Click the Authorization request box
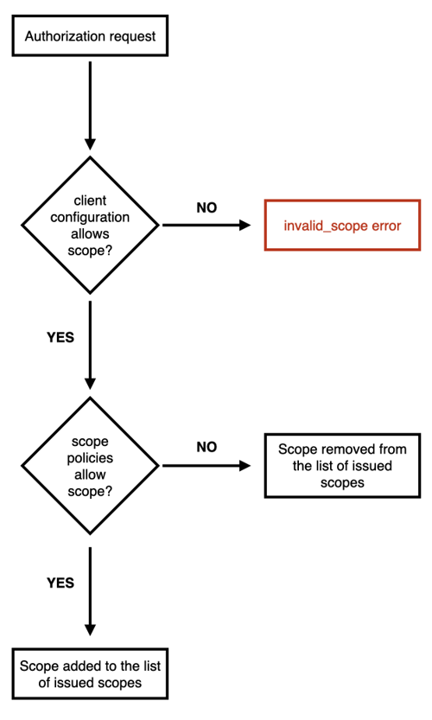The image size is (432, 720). point(90,35)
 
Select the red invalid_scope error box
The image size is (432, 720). point(342,225)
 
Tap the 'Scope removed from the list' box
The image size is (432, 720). point(342,466)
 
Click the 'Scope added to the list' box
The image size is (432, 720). point(90,673)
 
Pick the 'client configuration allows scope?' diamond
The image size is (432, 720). point(90,225)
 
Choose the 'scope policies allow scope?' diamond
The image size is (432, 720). point(90,466)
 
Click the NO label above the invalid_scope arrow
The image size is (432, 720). point(206,208)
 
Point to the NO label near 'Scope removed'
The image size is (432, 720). point(206,447)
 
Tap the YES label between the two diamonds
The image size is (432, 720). point(60,337)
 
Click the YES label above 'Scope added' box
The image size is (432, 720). point(60,583)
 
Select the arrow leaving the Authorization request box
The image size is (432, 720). point(90,105)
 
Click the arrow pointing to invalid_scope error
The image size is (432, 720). point(206,225)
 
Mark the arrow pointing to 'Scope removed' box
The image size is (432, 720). point(206,466)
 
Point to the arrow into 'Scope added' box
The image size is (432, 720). point(90,591)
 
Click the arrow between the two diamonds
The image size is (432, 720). point(90,346)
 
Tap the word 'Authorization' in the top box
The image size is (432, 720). point(59,36)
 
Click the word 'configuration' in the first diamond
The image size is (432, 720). point(90,217)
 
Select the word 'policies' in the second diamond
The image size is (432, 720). point(90,458)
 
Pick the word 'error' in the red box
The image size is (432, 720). point(386,226)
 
